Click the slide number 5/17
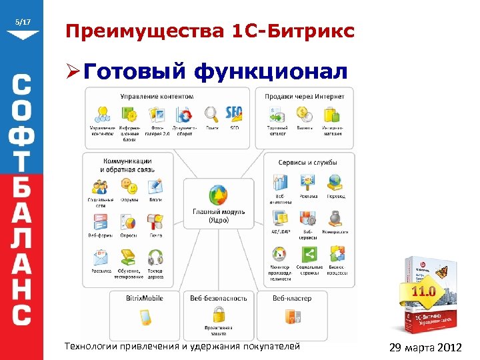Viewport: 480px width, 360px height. click(x=23, y=23)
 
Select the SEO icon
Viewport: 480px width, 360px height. click(x=235, y=113)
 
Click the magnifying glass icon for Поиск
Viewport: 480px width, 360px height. click(x=211, y=113)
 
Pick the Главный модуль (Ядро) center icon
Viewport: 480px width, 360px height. click(x=219, y=194)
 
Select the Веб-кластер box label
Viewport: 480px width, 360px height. click(x=291, y=298)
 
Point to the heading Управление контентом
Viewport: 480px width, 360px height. click(x=157, y=96)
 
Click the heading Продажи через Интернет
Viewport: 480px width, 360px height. click(x=305, y=96)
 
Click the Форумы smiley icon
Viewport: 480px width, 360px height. click(x=129, y=185)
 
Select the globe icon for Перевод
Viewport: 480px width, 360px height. click(x=335, y=182)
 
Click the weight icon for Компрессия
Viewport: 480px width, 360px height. click(x=335, y=218)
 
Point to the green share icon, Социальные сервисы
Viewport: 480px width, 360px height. click(x=308, y=254)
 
